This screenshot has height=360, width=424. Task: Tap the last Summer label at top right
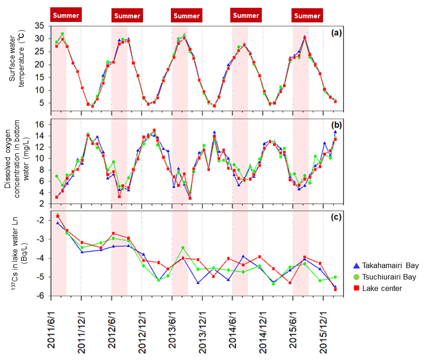tap(307, 16)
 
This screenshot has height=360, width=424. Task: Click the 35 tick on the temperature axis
tap(40, 26)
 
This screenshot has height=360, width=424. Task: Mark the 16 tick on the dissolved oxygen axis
tap(40, 124)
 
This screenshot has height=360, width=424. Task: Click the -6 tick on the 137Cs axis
tap(41, 296)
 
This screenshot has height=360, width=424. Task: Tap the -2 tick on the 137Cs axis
tap(41, 220)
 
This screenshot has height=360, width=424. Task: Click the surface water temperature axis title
tap(17, 65)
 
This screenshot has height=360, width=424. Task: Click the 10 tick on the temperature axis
tap(40, 90)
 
